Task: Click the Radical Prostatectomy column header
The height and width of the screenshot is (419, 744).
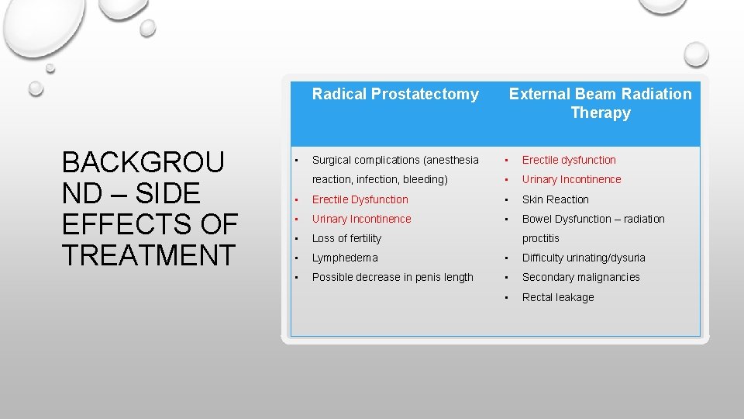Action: point(395,95)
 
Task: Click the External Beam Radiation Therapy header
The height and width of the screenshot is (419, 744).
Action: point(600,103)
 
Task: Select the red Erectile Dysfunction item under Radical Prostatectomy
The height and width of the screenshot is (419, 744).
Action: point(360,199)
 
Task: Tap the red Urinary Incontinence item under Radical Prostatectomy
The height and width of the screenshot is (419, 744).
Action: point(361,219)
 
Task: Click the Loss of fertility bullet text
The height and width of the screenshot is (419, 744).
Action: point(346,238)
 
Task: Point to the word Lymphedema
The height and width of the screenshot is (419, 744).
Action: point(345,258)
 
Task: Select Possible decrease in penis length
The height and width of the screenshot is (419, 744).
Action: point(392,277)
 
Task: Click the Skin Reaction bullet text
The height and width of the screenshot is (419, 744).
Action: point(555,199)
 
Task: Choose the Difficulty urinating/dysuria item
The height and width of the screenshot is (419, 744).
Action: point(583,258)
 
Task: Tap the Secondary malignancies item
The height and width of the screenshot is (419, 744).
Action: point(580,277)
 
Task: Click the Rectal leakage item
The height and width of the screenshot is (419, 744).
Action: point(558,297)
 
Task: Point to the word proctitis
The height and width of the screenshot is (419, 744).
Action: point(540,238)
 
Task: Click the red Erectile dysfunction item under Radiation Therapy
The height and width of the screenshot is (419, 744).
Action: point(569,160)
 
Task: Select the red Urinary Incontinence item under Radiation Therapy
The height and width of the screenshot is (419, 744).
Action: point(571,179)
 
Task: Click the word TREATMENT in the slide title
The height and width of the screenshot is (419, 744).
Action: point(147,255)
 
